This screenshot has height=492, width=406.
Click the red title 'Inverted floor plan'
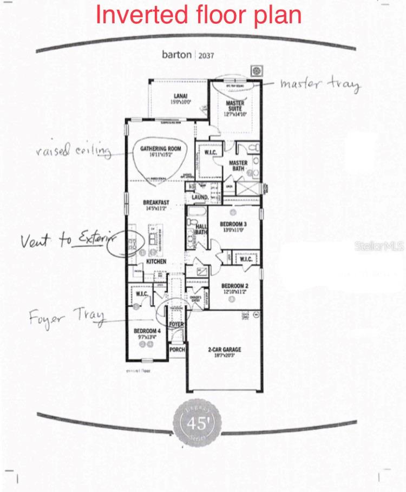(199, 15)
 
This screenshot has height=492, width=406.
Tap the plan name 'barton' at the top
(176, 54)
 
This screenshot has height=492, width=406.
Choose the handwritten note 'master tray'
(319, 84)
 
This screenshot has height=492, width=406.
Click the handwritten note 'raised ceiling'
(74, 151)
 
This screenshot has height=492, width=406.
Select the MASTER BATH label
(238, 166)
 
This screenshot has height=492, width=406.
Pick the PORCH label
(177, 350)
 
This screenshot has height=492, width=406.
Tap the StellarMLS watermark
(379, 246)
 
